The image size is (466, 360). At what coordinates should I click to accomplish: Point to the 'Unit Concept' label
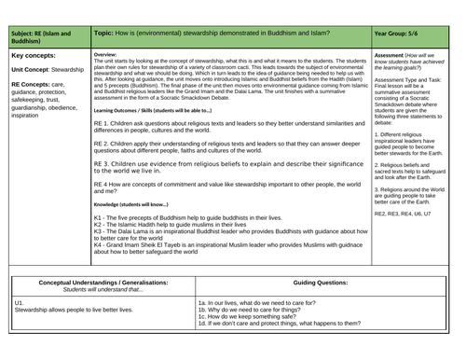point(34,68)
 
